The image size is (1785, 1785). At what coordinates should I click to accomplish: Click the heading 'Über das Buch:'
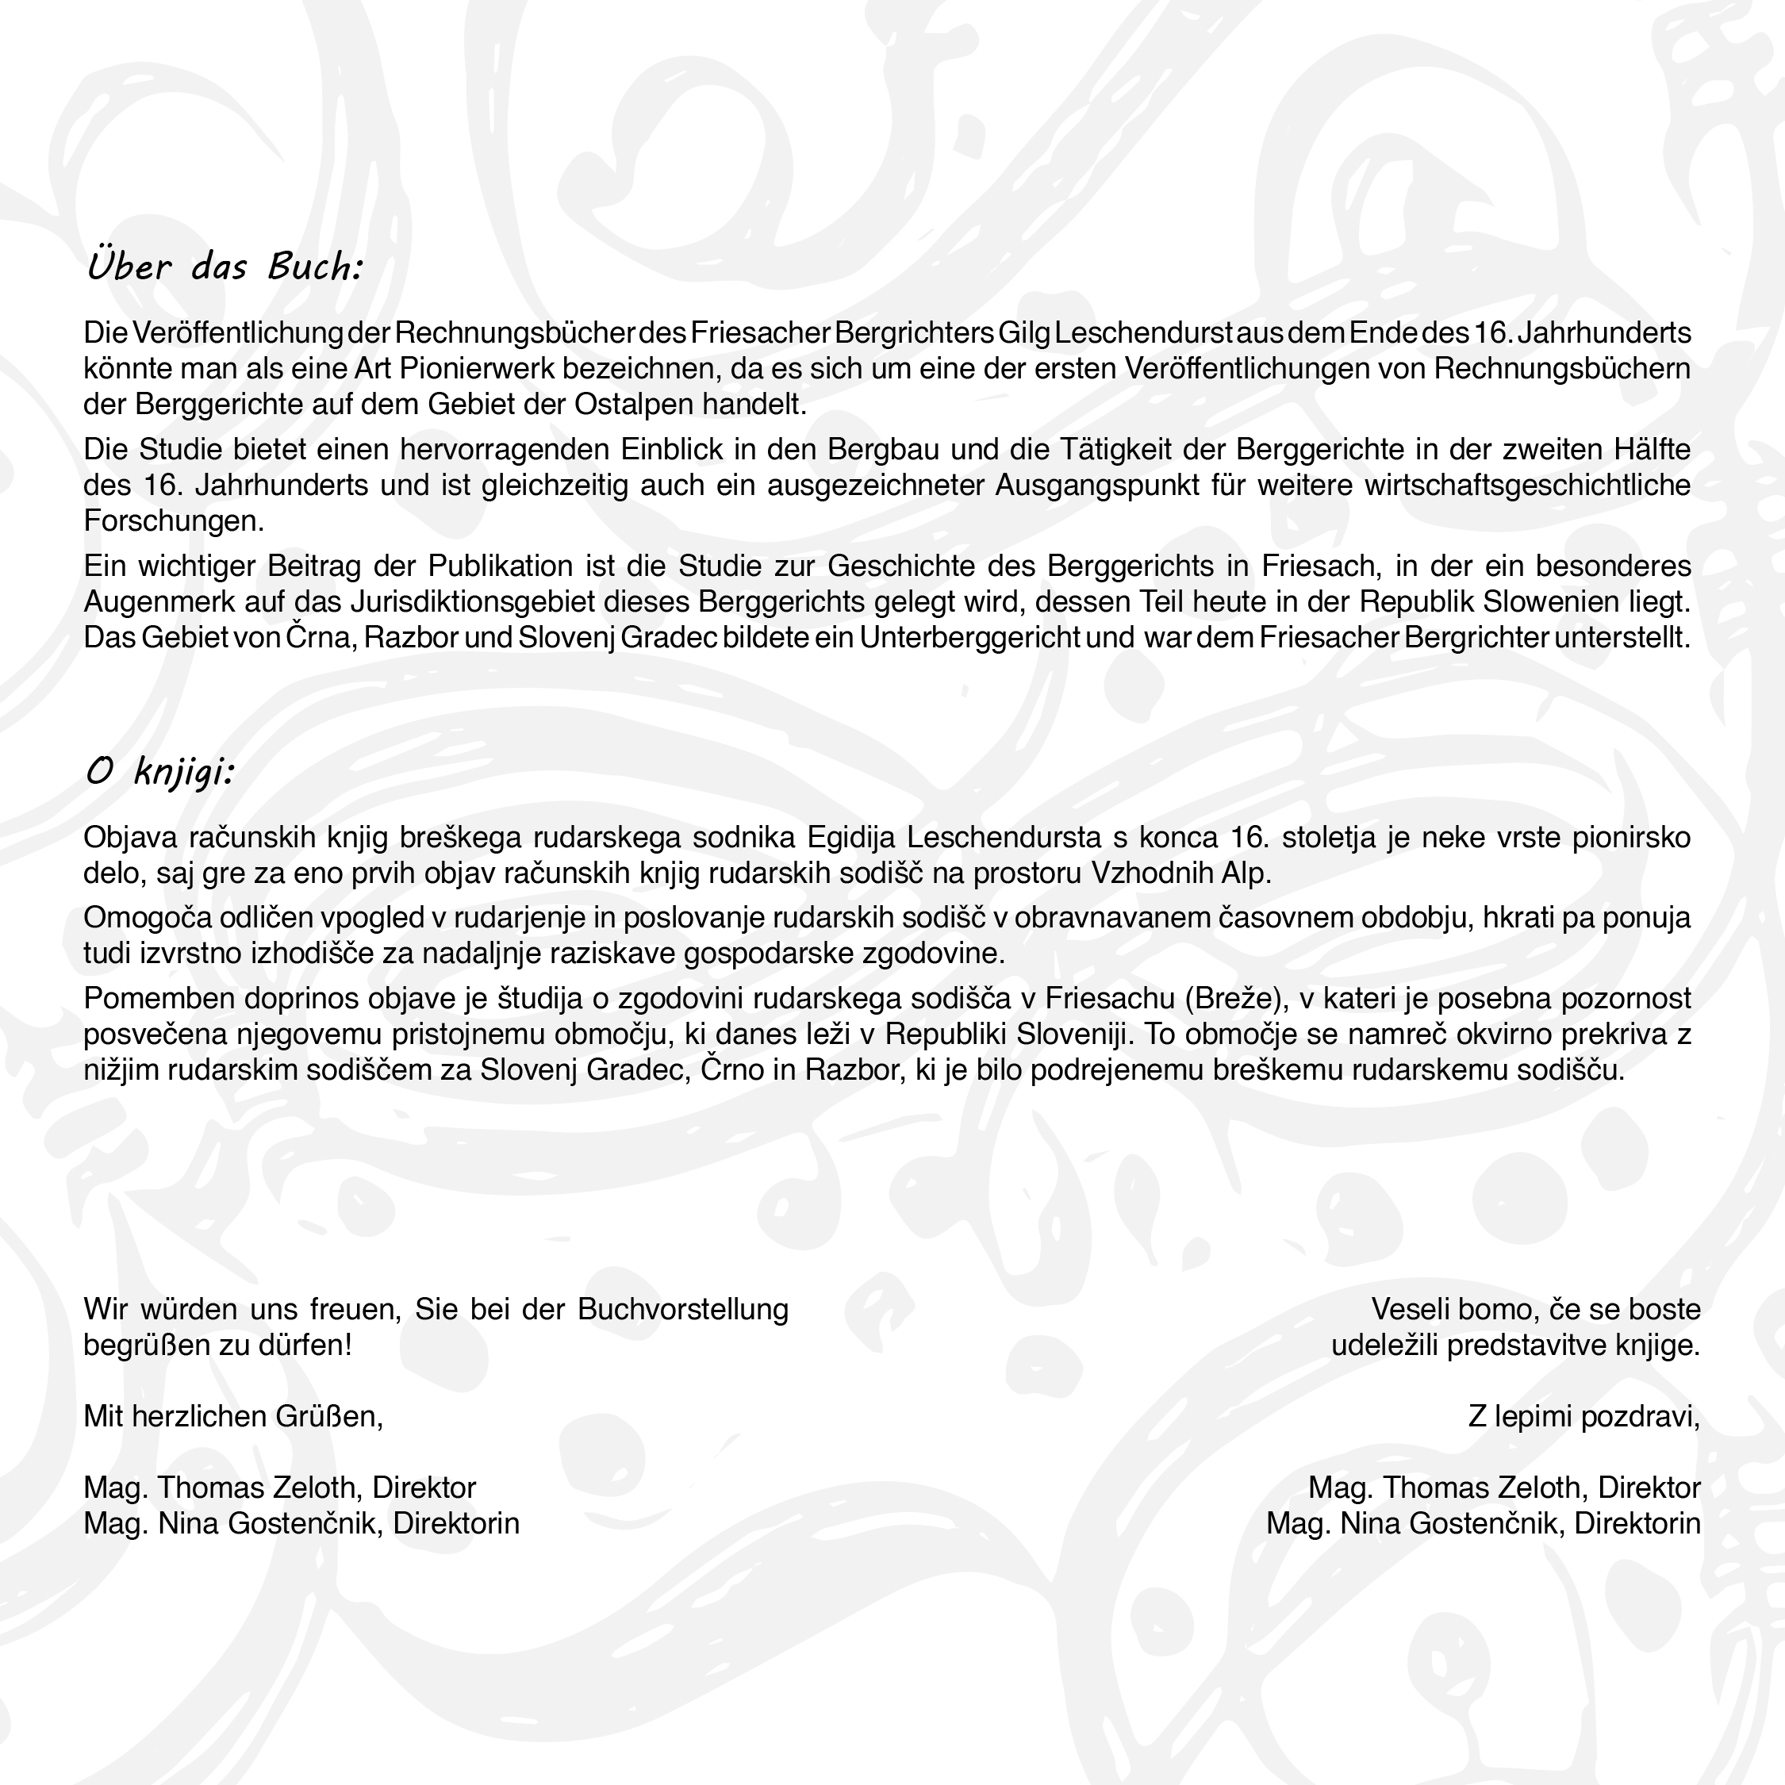coord(225,267)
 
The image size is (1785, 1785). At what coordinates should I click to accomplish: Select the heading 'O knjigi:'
coord(159,771)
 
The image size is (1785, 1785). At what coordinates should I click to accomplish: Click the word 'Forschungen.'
coord(174,522)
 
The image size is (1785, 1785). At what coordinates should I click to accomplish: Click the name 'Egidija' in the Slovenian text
coord(852,837)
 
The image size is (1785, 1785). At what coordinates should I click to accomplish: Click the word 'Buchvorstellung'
coord(683,1309)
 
